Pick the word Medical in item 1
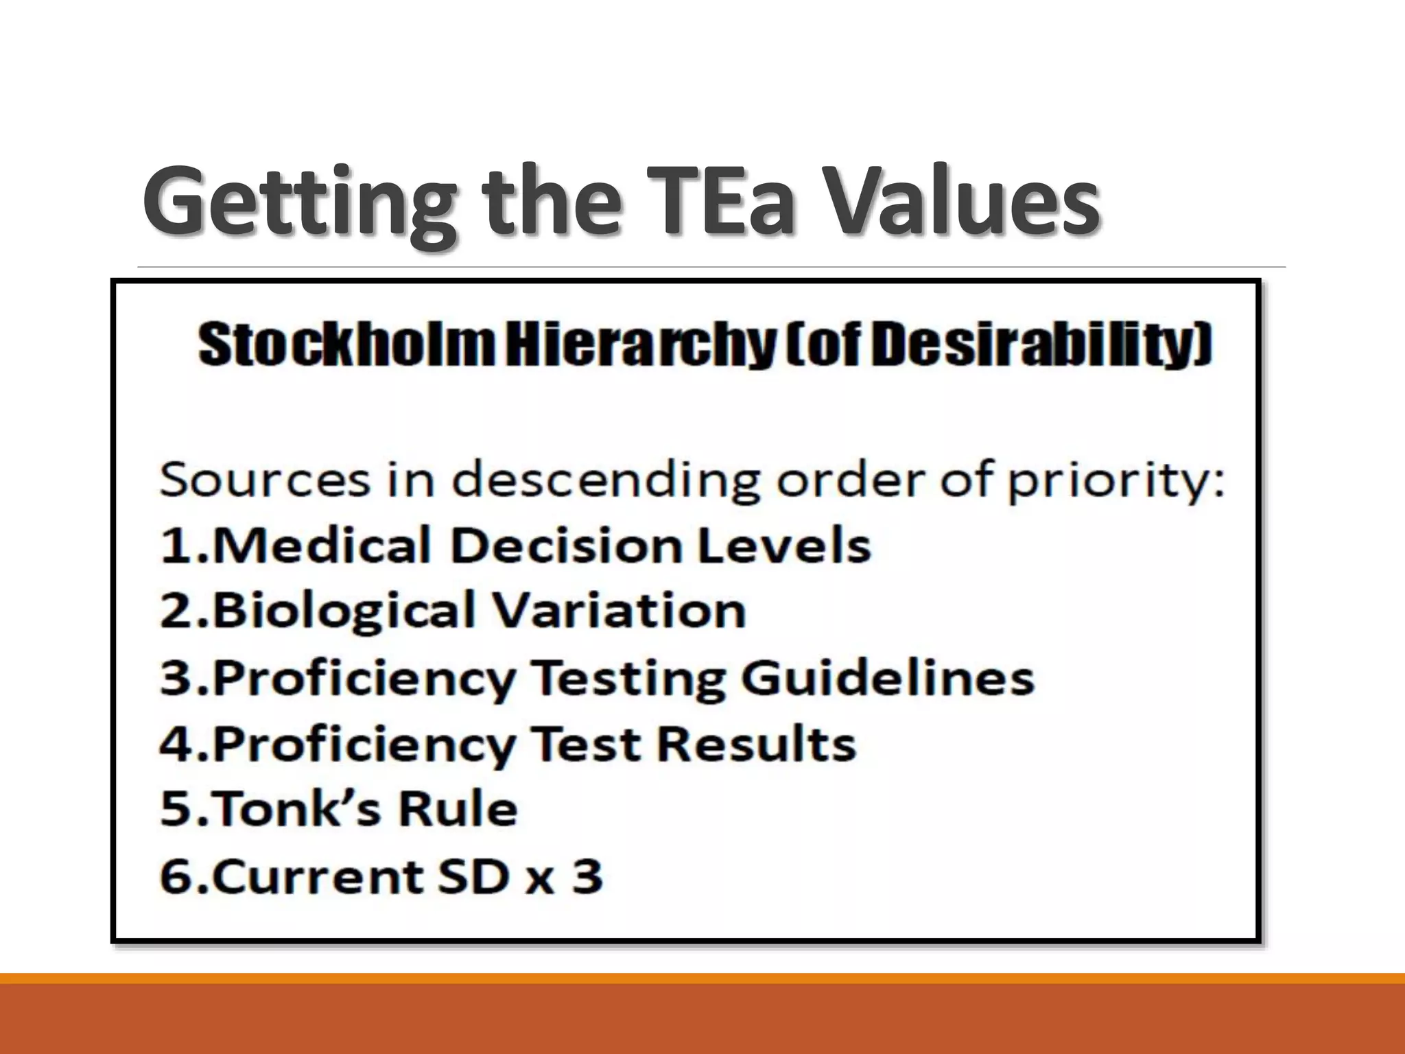tap(322, 546)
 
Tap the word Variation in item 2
tap(620, 610)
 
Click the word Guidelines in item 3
tap(888, 678)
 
